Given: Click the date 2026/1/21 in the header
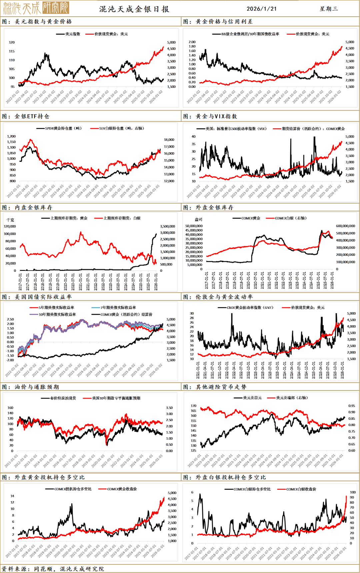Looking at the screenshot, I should (x=262, y=9).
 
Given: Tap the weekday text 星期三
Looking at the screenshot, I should (x=329, y=9).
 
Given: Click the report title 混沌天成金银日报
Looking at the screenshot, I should (x=134, y=9).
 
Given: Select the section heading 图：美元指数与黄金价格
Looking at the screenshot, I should (x=37, y=22).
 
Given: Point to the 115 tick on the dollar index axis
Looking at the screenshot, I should (x=12, y=51).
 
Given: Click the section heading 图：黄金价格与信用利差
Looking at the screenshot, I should (x=218, y=22).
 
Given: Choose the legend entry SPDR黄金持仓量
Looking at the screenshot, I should (x=63, y=128).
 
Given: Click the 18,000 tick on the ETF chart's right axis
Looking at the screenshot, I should (x=169, y=140).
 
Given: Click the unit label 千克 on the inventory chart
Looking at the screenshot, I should (x=10, y=220).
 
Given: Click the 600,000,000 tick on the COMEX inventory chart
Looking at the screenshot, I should (x=345, y=226).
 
